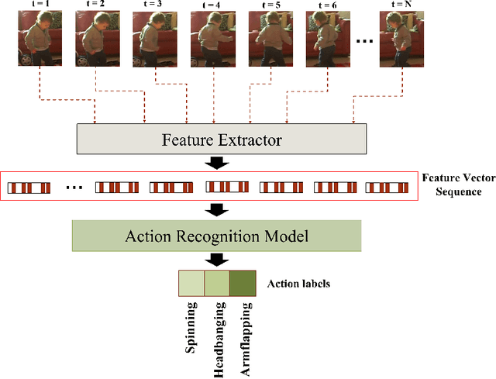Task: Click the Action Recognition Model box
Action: pos(216,236)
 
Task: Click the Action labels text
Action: pos(299,284)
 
